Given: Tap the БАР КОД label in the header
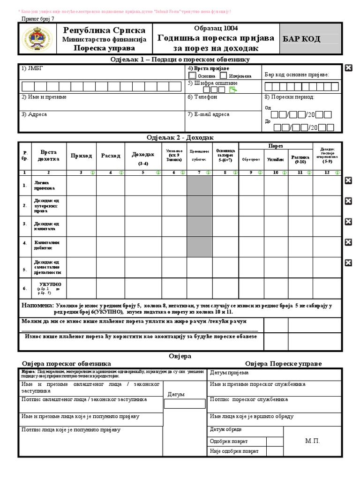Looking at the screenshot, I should click(x=301, y=39).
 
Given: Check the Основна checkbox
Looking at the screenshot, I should click(x=192, y=75).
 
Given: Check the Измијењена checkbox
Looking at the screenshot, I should click(x=224, y=75).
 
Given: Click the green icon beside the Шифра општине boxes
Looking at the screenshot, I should click(x=232, y=90).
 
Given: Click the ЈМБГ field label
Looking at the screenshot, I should click(x=29, y=68).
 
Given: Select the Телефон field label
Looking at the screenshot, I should click(x=202, y=97).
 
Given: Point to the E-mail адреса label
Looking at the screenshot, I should click(x=209, y=114).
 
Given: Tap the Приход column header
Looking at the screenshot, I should click(x=81, y=156).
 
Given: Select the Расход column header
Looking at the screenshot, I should click(x=111, y=156).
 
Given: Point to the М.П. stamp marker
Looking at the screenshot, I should click(x=312, y=441).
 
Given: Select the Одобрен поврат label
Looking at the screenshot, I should click(x=229, y=441).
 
